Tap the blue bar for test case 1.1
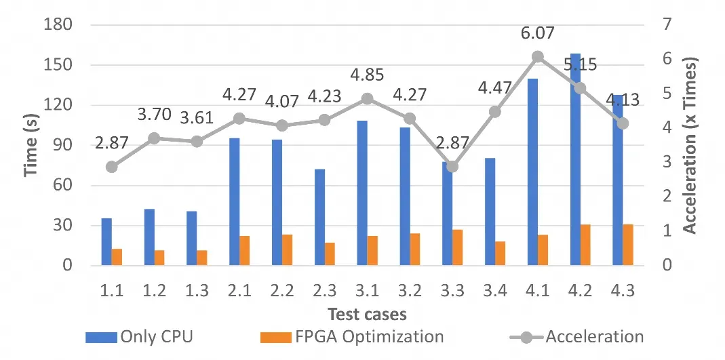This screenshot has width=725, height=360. click(x=106, y=241)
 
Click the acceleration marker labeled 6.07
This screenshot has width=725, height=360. click(x=538, y=57)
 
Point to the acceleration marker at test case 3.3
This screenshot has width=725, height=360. click(x=452, y=167)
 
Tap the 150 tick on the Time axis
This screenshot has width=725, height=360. click(x=59, y=65)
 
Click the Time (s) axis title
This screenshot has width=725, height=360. click(x=30, y=145)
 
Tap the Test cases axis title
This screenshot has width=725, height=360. click(x=367, y=314)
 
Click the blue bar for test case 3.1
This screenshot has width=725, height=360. click(x=362, y=193)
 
